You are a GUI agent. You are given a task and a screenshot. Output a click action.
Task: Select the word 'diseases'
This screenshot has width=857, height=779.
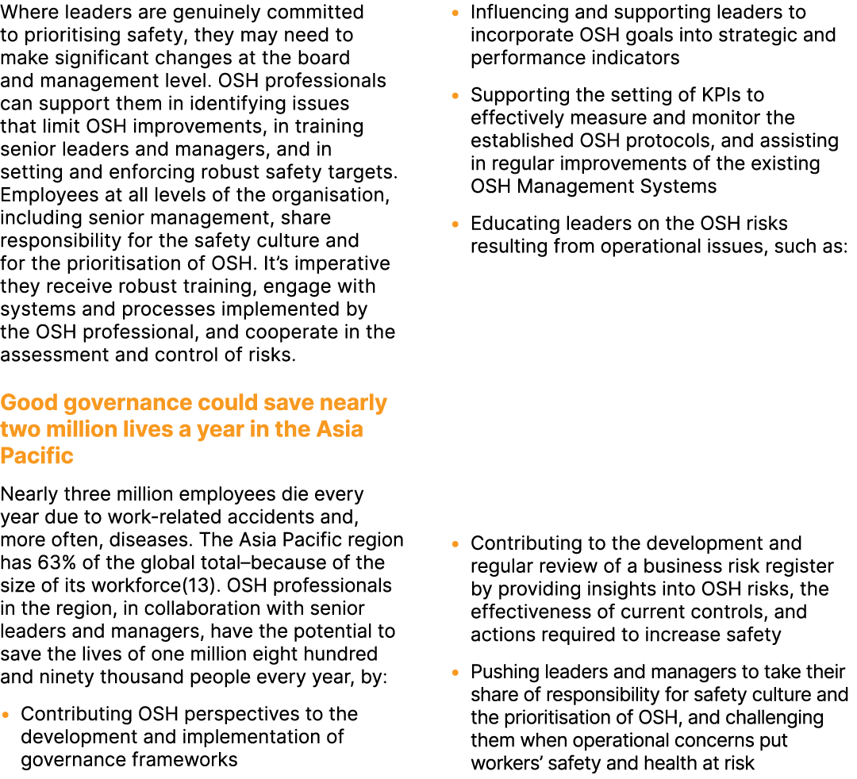tap(114, 540)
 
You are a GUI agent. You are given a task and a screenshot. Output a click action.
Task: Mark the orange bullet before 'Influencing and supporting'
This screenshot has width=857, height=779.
tap(455, 13)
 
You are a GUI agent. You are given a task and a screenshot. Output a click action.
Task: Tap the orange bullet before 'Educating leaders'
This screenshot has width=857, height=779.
tap(455, 224)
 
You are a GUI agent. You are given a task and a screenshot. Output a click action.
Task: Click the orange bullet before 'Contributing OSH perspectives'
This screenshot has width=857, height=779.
tap(6, 715)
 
